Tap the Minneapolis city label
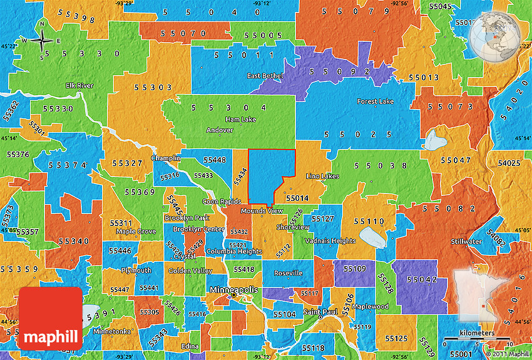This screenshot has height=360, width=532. tap(233, 291)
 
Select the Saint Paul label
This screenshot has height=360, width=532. tap(321, 312)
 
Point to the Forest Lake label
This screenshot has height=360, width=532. tap(376, 101)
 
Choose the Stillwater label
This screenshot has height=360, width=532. tap(466, 241)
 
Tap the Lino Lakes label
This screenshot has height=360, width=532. tap(322, 177)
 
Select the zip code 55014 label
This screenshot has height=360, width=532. tap(297, 198)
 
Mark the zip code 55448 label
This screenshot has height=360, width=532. tap(215, 160)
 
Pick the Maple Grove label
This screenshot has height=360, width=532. tap(136, 232)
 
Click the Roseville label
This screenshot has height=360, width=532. tap(288, 273)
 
